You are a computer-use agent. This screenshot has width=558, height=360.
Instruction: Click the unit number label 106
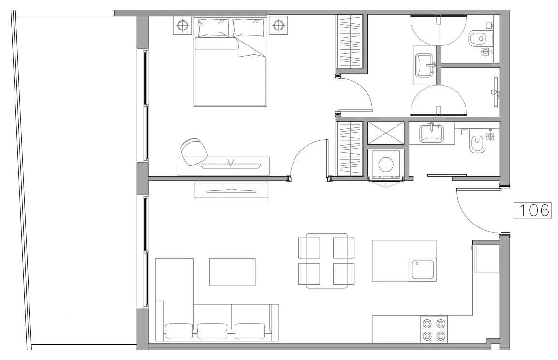pos(532,210)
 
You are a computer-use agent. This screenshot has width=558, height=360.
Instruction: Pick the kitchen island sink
pos(423,269)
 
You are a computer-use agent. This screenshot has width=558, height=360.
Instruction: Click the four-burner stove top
pos(433,329)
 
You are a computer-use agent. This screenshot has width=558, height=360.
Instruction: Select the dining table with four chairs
pos(326,261)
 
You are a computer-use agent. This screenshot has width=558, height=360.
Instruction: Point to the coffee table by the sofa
pos(232,272)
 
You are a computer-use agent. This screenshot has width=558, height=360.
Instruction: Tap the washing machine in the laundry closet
pos(388,164)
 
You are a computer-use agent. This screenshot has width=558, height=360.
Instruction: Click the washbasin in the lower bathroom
pos(431,133)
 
